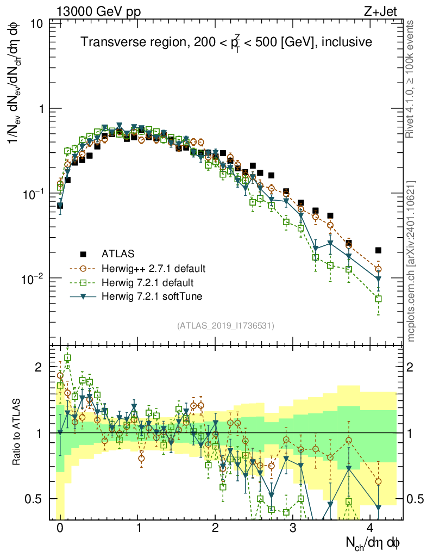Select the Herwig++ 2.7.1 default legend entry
click(153, 268)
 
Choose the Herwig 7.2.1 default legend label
click(148, 282)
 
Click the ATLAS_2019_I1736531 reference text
click(225, 326)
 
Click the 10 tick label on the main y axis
click(37, 24)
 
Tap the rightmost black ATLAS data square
click(378, 250)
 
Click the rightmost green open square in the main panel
click(378, 299)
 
